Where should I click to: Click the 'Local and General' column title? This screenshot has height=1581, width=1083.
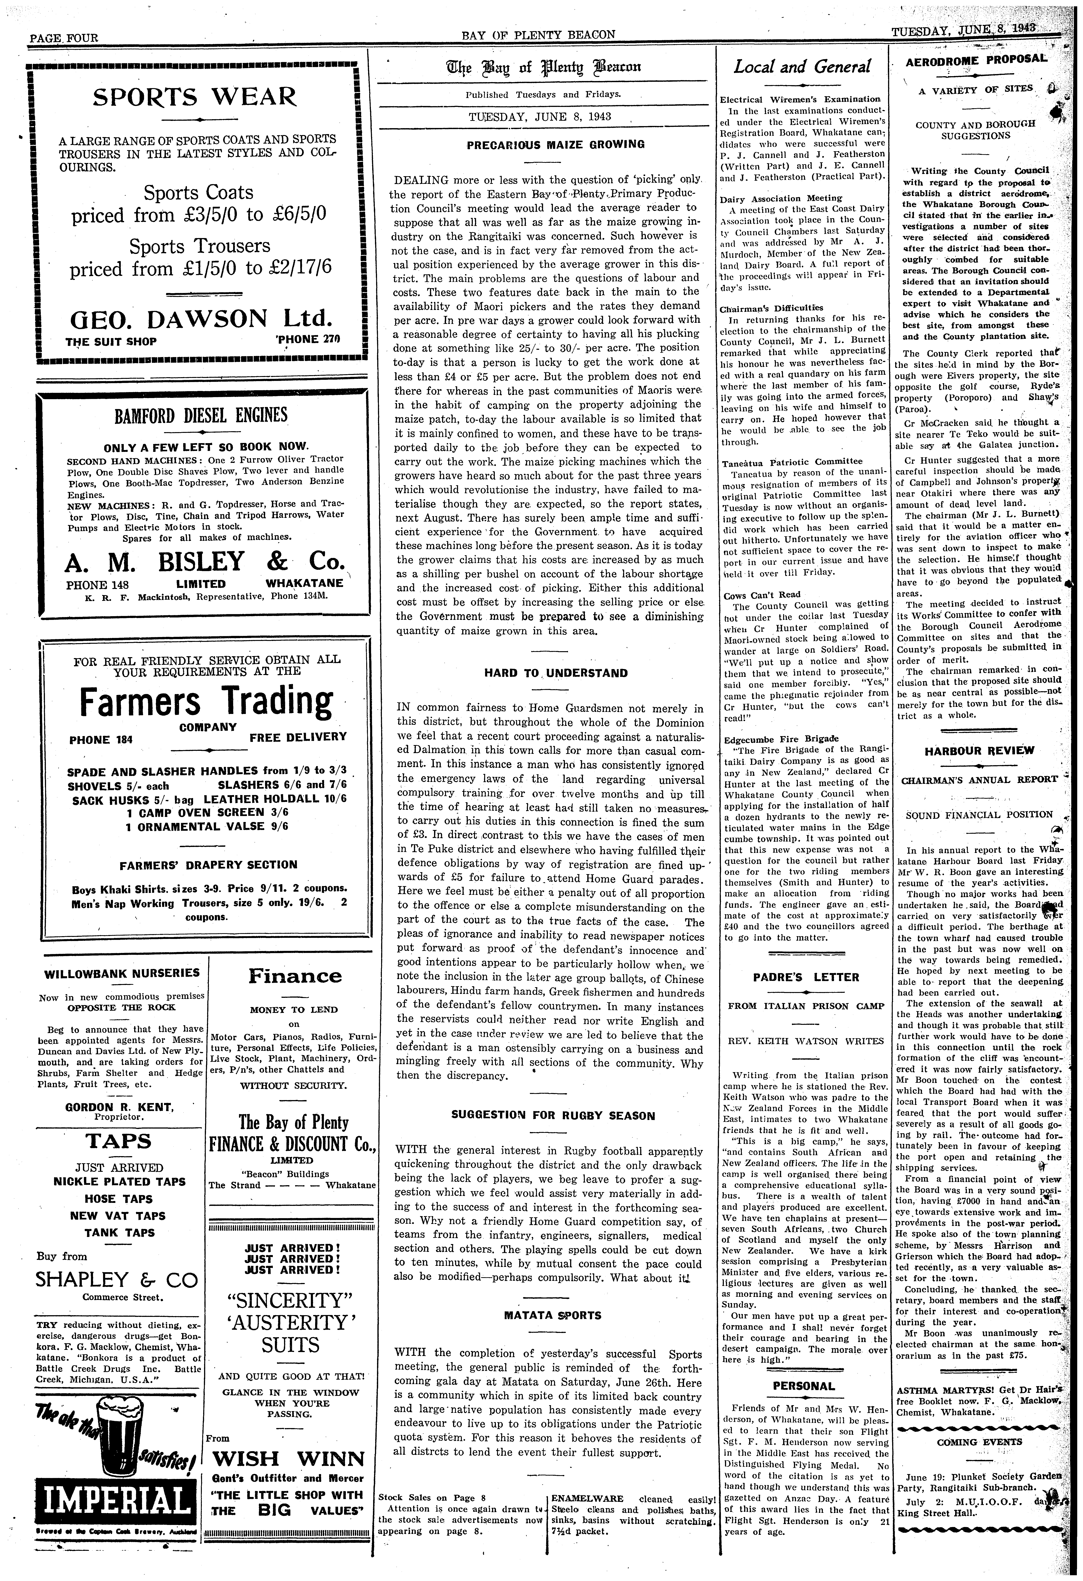tap(802, 67)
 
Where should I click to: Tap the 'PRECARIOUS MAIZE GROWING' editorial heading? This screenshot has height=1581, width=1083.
tap(555, 144)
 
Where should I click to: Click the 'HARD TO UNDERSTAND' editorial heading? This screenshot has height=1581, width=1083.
tap(555, 674)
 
